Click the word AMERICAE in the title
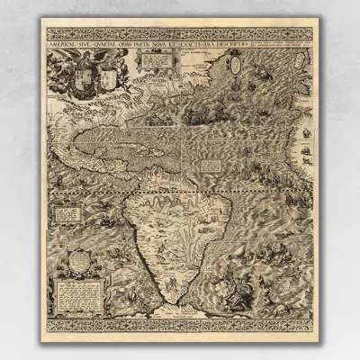[70, 39]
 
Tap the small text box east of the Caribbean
[212, 166]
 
